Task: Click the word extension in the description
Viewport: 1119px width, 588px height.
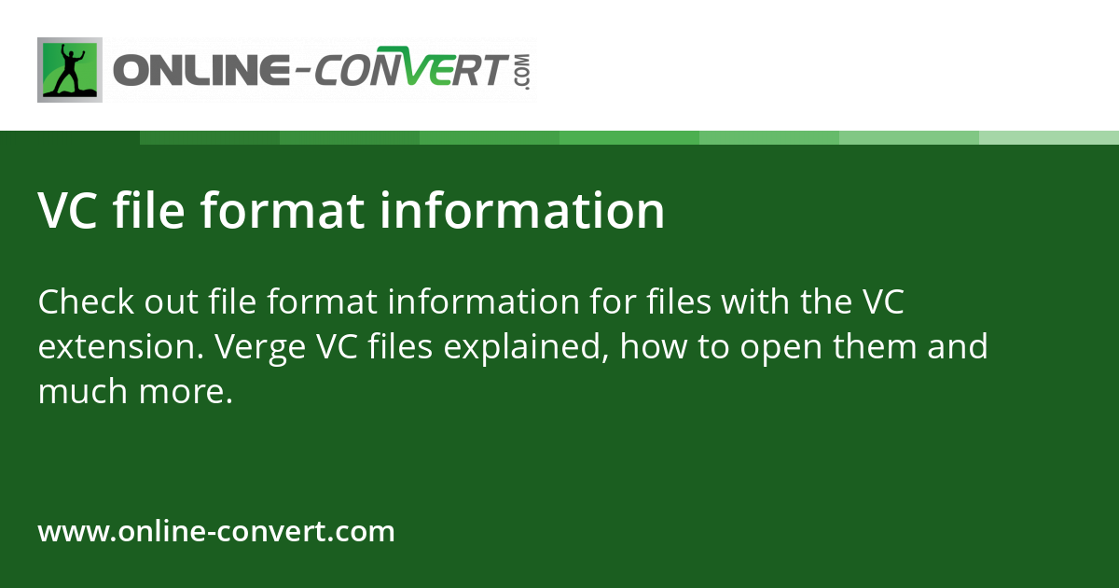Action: click(120, 347)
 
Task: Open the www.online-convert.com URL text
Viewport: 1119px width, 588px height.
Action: click(216, 532)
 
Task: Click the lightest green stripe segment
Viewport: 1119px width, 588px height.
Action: click(1049, 137)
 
